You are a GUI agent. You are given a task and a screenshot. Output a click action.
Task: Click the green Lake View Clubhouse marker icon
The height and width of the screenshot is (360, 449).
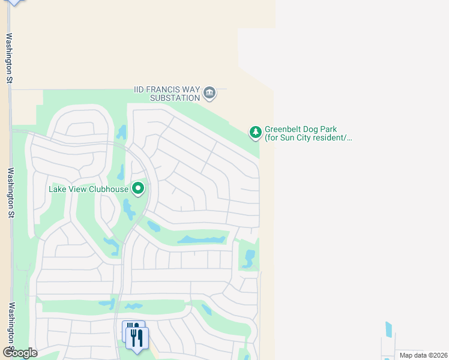139,188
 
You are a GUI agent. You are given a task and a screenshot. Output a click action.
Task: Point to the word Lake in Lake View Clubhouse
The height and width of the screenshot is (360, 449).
58,190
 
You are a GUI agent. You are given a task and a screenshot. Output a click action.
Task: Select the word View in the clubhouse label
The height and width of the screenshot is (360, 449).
78,190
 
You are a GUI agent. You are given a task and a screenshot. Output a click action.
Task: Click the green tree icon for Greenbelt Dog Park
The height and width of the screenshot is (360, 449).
256,131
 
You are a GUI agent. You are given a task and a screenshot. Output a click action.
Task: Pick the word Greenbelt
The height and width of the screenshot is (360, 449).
286,130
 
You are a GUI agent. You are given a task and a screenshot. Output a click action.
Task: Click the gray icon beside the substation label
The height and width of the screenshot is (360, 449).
209,92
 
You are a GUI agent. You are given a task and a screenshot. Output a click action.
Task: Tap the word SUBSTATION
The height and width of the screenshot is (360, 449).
175,98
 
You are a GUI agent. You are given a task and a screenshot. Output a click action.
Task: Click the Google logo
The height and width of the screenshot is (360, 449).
20,353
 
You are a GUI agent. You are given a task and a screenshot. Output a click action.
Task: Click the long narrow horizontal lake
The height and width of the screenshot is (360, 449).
201,240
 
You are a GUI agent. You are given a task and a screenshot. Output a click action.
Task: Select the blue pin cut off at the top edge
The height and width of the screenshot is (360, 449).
14,2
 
